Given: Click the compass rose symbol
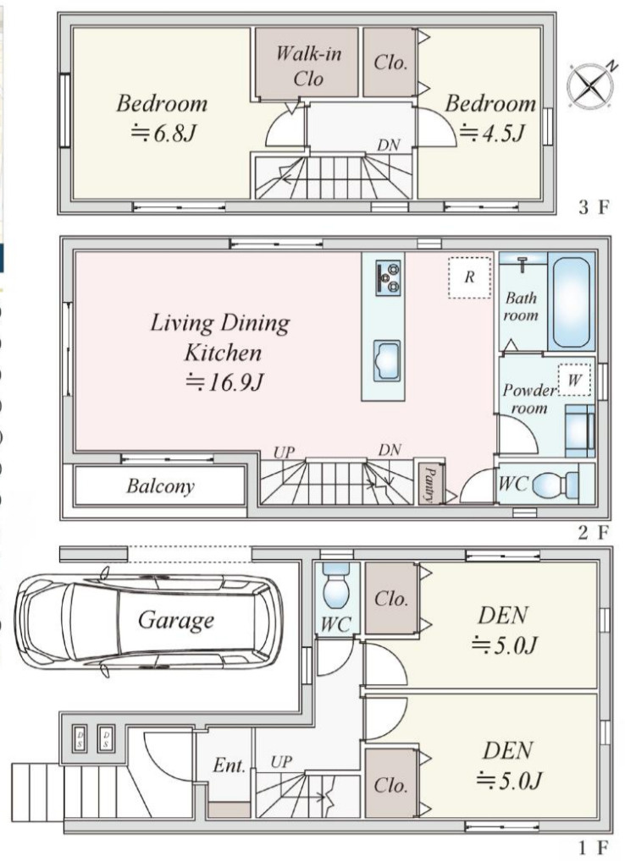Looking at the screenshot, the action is coord(591,85).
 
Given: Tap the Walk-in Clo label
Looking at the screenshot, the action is coord(307,66).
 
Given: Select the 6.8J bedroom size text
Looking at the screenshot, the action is coord(163,132).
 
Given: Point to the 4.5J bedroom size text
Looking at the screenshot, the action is coord(492,132).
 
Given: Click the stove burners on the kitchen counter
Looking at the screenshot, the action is coord(388,278).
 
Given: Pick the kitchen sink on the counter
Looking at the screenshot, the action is coord(387,360).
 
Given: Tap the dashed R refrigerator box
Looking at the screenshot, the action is coord(469,277).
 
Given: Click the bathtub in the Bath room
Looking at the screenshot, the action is coord(571,301).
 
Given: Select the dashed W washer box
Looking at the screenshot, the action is coord(574,380).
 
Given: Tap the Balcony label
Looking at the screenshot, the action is coord(160,486).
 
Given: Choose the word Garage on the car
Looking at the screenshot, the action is coord(176,620).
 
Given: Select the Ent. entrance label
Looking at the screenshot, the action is coord(229,765).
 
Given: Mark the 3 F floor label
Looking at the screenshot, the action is coord(594,207).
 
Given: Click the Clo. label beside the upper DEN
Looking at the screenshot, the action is coord(390,598).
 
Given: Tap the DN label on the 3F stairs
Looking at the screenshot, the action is coord(389,145).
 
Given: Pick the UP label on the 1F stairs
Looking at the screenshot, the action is coord(281,762).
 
